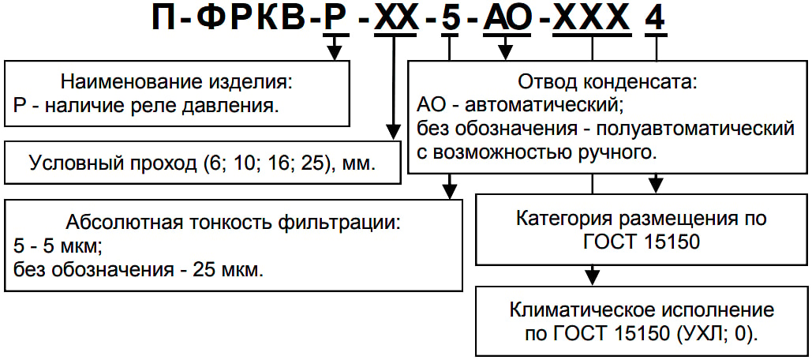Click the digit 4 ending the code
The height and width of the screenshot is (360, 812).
(x=656, y=19)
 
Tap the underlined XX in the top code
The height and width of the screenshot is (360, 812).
(x=395, y=19)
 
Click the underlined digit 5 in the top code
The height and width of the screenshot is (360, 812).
(x=450, y=19)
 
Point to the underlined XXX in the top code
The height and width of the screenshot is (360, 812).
(x=593, y=19)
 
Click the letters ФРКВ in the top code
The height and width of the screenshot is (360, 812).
(x=241, y=19)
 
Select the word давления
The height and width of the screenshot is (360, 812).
(x=241, y=107)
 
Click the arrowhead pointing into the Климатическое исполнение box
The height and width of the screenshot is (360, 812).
(x=592, y=275)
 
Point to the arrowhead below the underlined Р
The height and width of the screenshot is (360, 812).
(x=335, y=53)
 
